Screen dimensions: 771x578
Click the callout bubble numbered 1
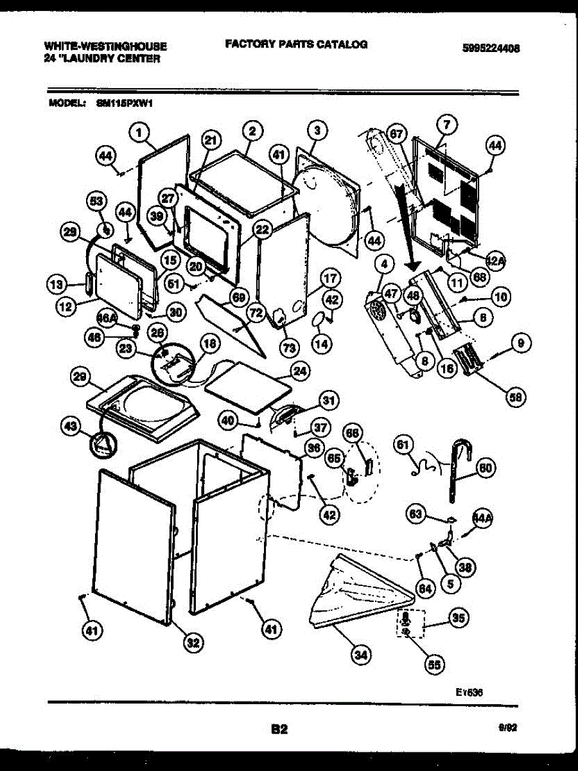click(x=139, y=134)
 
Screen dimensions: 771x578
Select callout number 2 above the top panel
click(x=252, y=130)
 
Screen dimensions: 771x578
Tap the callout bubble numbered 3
click(x=316, y=130)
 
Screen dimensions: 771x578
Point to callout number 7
click(x=446, y=123)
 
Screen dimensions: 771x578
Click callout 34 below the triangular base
click(x=362, y=655)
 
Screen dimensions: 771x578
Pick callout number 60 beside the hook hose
click(x=486, y=468)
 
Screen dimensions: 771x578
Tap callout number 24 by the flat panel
click(x=299, y=371)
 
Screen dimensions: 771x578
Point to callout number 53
click(x=97, y=203)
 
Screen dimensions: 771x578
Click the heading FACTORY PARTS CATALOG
click(x=296, y=44)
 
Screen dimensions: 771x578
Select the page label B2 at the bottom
click(x=279, y=729)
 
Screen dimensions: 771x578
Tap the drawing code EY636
click(x=469, y=692)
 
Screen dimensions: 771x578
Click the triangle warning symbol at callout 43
click(x=101, y=443)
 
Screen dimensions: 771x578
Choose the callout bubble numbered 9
click(x=520, y=344)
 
